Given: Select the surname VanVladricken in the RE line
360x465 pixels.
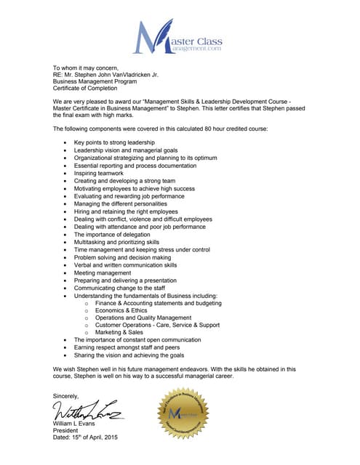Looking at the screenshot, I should (x=137, y=75).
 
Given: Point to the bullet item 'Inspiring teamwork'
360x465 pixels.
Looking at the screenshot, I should (x=99, y=174).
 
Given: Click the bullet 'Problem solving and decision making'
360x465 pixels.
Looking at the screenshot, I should (x=123, y=257).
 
